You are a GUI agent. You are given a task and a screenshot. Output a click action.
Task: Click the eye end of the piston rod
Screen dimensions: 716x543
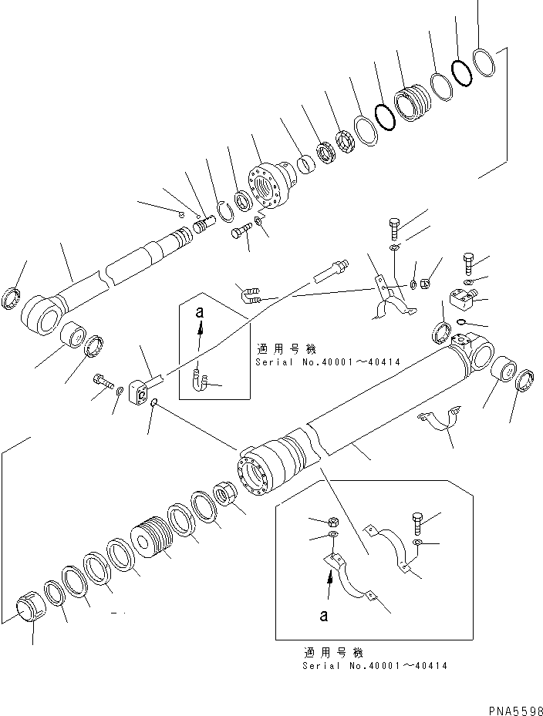click(x=39, y=313)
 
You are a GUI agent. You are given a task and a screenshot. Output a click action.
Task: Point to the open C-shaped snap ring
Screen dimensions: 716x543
click(x=225, y=209)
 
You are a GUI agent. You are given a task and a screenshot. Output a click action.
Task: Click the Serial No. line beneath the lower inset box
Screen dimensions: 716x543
click(x=374, y=665)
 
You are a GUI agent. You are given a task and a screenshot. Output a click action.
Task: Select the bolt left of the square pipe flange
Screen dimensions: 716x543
click(x=103, y=380)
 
